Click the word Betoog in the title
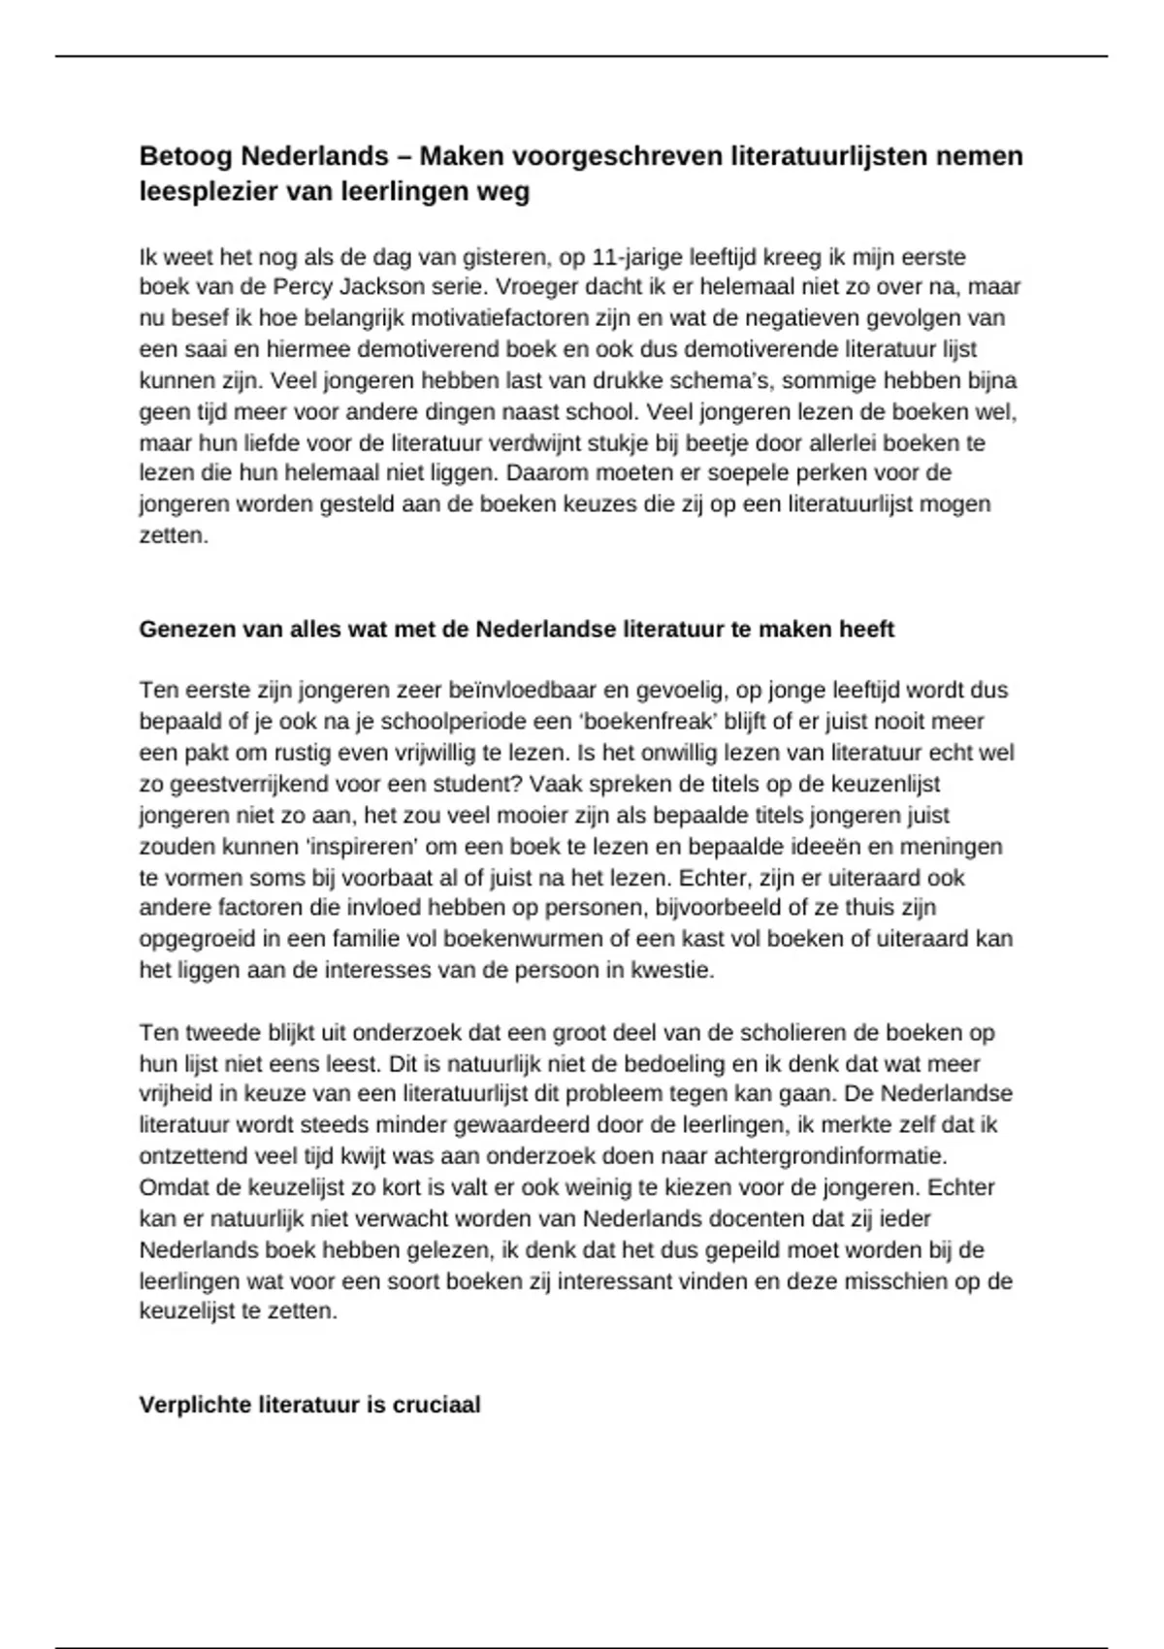[x=185, y=156]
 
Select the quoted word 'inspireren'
[x=362, y=846]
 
